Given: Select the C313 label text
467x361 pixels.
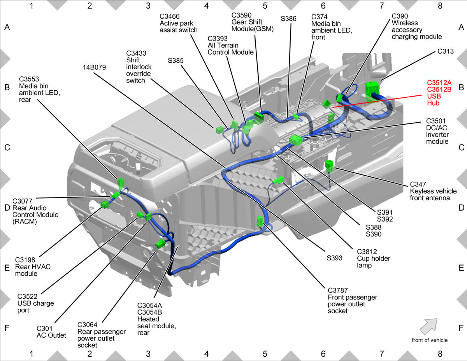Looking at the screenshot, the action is (446, 51).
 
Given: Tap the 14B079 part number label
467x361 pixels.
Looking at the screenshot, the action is (94, 67).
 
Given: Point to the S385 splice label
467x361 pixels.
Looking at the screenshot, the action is (176, 61).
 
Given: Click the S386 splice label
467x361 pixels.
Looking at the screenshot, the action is (288, 19).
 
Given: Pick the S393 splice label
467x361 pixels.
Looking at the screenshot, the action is (334, 258).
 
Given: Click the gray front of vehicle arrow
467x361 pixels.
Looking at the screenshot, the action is (429, 326).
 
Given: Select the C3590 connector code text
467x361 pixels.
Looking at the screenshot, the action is (241, 15).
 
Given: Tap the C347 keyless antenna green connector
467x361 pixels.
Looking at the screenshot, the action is (329, 166).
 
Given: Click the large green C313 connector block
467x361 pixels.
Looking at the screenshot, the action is (372, 92).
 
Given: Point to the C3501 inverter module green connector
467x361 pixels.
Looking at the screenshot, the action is (296, 140).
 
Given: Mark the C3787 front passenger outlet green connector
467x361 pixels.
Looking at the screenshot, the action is (260, 221).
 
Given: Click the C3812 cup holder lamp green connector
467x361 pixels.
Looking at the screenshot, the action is (279, 180).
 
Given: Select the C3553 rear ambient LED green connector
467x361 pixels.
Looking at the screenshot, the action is (121, 184).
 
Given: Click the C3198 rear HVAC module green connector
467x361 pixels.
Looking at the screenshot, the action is (105, 204).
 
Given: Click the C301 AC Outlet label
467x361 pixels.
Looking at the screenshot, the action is (51, 332).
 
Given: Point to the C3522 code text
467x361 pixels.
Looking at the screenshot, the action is (27, 296).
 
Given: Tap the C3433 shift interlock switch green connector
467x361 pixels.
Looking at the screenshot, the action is (219, 130).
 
